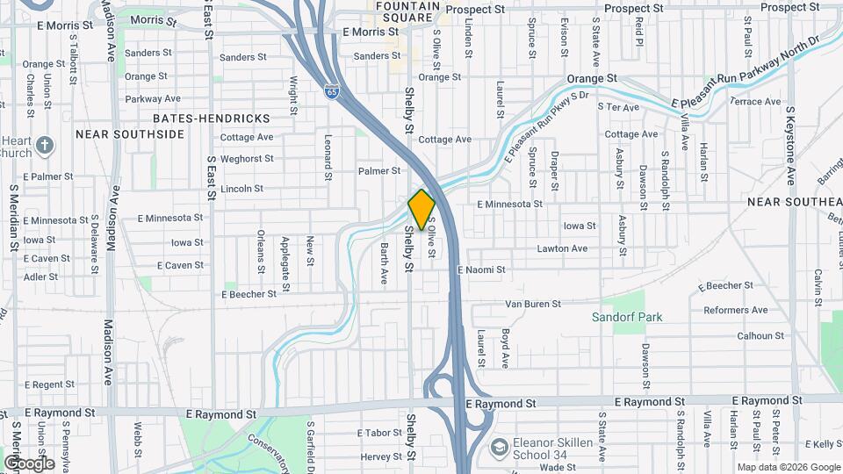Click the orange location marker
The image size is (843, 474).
pyautogui.click(x=421, y=209)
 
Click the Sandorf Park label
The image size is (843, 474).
pyautogui.click(x=627, y=317)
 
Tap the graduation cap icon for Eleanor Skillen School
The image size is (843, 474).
pyautogui.click(x=500, y=448)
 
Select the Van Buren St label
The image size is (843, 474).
pyautogui.click(x=533, y=305)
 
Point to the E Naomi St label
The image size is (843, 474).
pyautogui.click(x=481, y=270)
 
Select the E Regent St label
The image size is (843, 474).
pyautogui.click(x=50, y=384)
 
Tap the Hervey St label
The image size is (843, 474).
pyautogui.click(x=381, y=456)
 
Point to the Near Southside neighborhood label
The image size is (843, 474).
pyautogui.click(x=130, y=134)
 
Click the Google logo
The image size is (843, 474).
pyautogui.click(x=29, y=463)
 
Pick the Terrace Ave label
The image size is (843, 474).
pyautogui.click(x=755, y=102)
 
